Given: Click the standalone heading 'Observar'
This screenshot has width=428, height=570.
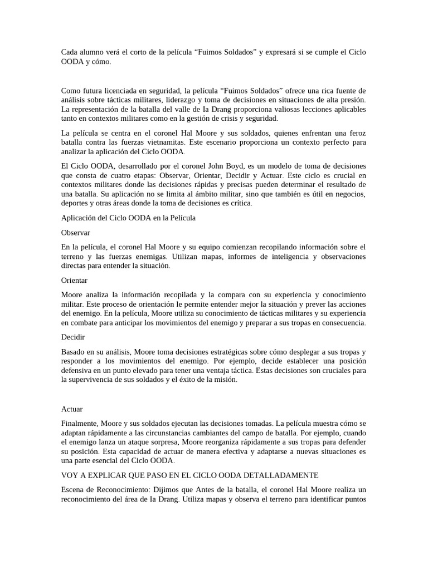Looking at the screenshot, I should (x=75, y=232).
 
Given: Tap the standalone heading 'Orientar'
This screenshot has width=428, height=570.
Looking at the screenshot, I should (x=74, y=280).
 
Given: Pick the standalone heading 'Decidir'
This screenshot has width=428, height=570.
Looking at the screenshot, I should (x=72, y=337).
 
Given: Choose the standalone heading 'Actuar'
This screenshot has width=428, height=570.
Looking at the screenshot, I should (x=71, y=409).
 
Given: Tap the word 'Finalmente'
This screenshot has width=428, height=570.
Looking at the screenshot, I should (x=79, y=423).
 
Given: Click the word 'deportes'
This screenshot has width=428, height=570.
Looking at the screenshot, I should (x=76, y=203).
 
